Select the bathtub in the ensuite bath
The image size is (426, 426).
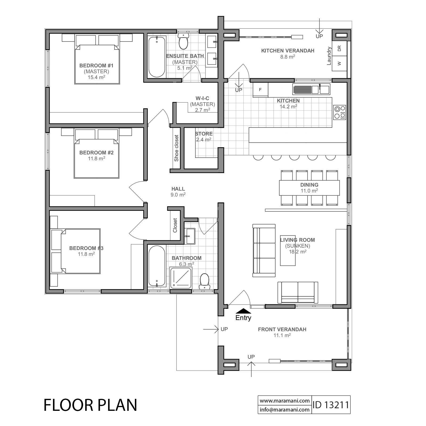[x=157, y=57]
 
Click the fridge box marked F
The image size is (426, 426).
[x=260, y=90]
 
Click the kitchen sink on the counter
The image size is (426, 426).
[x=311, y=89]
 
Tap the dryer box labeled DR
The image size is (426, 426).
[x=339, y=48]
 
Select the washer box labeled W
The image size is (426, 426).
[x=339, y=63]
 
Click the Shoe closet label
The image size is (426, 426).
[x=176, y=148]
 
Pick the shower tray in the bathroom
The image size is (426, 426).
[x=181, y=278]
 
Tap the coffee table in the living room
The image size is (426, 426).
[x=288, y=250]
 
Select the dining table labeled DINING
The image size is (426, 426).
[x=309, y=188]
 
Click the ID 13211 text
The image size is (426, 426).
[x=331, y=405]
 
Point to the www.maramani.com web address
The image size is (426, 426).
[x=284, y=401]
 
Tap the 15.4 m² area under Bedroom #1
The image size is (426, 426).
[x=96, y=77]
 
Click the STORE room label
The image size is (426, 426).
[x=204, y=134]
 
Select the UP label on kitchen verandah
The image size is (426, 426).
[x=319, y=36]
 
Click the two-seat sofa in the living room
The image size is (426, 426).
[x=298, y=292]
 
